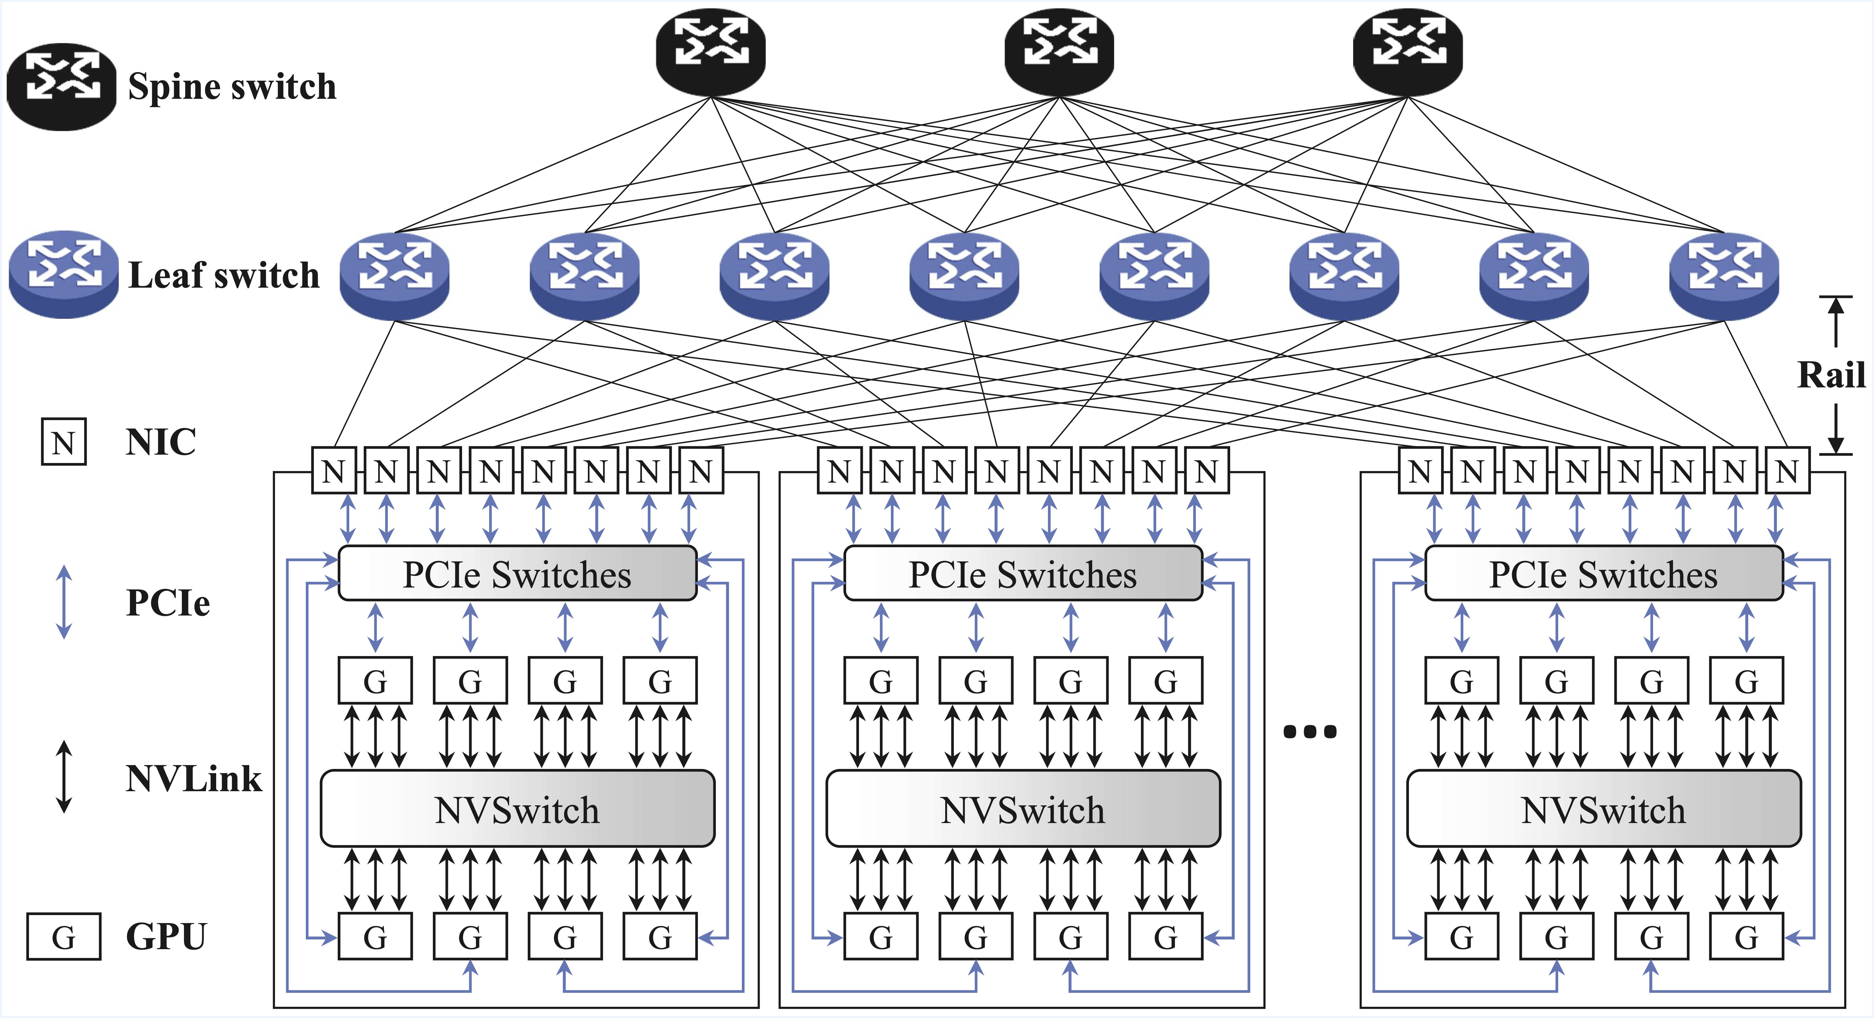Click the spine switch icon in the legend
pos(62,86)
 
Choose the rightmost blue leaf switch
pos(1723,275)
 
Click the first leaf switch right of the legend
pos(394,275)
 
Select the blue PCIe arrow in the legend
pos(64,602)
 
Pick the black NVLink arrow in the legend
pos(64,777)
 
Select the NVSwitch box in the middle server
pos(1023,809)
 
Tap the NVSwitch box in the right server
pos(1604,809)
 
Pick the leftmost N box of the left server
pos(334,471)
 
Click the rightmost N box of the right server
pos(1787,471)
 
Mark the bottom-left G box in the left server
pos(375,937)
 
